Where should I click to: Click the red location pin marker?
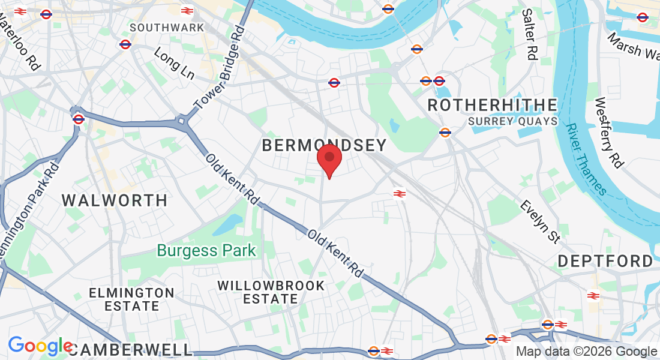tap(329, 158)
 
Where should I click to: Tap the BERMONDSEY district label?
tap(324, 145)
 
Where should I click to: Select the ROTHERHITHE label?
tap(492, 105)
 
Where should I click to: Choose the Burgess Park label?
tap(206, 250)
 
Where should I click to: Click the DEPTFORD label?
tap(605, 261)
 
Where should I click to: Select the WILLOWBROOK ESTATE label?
tap(271, 292)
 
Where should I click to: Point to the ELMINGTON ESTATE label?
tap(131, 299)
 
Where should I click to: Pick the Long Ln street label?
tap(174, 64)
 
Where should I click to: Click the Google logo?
tap(40, 346)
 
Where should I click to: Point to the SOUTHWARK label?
tap(167, 28)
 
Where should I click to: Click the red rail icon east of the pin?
tap(398, 193)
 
